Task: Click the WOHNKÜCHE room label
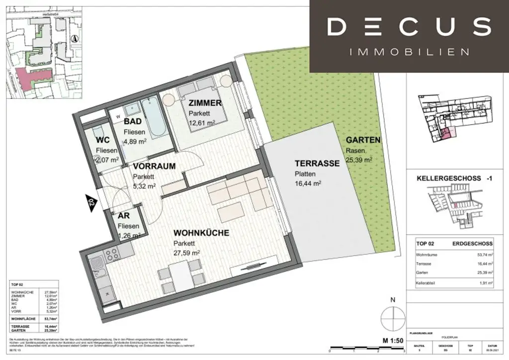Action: coord(201,233)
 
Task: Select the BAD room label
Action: coord(133,122)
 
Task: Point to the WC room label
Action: coord(102,140)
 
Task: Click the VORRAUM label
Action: coord(154,167)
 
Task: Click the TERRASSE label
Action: coord(317,163)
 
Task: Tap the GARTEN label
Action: coord(363,140)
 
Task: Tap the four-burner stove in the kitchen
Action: coord(112,254)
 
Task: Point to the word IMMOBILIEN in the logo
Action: coord(409,52)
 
